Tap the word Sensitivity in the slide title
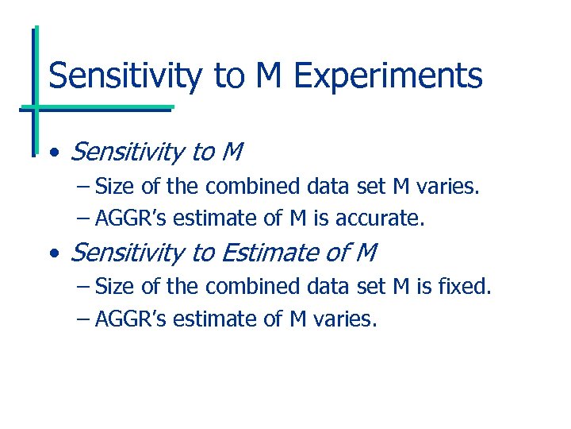click(125, 76)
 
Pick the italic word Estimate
click(272, 253)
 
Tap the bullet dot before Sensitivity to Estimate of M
click(52, 254)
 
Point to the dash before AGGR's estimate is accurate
click(84, 218)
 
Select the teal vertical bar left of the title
click(36, 87)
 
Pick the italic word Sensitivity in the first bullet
click(128, 151)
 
